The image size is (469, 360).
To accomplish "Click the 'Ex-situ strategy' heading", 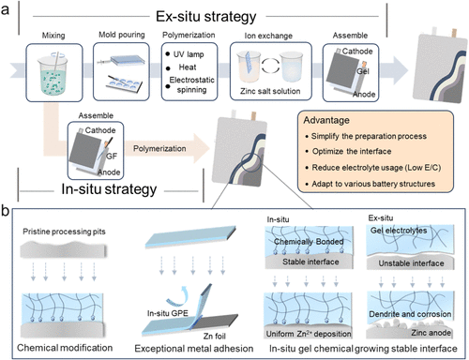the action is click(x=206, y=17).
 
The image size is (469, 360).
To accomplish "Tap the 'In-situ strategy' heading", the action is click(x=109, y=189).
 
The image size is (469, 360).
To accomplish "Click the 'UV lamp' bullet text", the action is click(x=189, y=54).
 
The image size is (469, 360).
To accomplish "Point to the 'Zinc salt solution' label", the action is click(x=270, y=91).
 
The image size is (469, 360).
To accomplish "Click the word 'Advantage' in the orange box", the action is click(x=326, y=121).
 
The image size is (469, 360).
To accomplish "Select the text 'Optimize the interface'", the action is click(x=352, y=152).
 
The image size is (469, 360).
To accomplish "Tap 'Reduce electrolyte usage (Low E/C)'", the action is click(x=376, y=168).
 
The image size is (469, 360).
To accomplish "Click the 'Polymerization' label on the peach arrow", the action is click(x=159, y=149).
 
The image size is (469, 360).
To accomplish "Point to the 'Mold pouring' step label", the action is click(x=122, y=35).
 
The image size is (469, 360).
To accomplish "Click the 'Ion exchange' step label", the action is click(x=268, y=36).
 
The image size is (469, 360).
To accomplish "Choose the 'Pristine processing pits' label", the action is click(x=64, y=232).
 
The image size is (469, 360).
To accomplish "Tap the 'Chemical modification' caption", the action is click(x=65, y=348).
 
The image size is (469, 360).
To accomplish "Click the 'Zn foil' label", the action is click(x=215, y=337).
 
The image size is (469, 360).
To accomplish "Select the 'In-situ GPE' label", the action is click(x=168, y=313).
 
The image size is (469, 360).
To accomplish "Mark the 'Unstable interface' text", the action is click(x=411, y=263).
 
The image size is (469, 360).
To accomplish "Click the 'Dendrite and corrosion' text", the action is click(x=410, y=314).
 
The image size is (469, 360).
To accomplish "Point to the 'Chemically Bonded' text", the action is click(x=309, y=242).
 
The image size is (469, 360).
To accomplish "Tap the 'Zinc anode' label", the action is click(x=431, y=333).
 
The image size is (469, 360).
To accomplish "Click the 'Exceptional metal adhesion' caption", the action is click(x=194, y=349).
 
